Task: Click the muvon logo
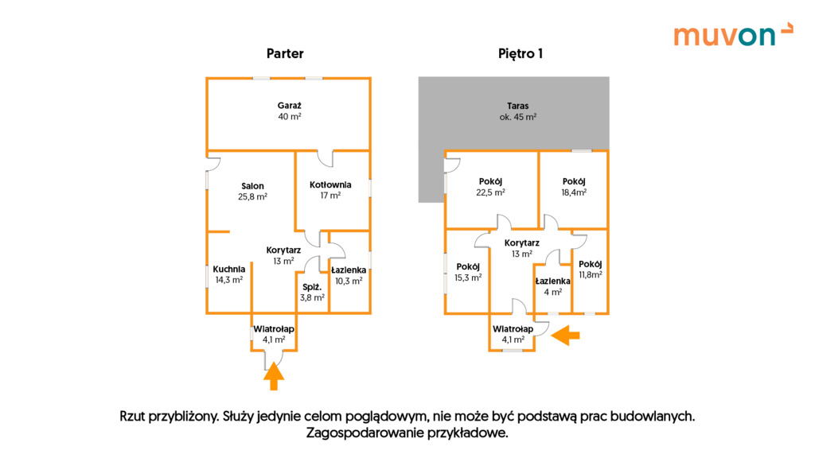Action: [733, 34]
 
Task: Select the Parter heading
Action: [285, 53]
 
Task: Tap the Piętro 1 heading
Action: [521, 54]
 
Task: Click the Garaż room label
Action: [289, 111]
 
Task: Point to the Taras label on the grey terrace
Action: [517, 111]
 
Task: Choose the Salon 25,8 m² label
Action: [252, 191]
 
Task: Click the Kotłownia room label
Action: [330, 190]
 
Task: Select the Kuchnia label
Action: [228, 274]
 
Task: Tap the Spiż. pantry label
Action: [312, 292]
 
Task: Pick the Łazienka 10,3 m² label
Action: [349, 275]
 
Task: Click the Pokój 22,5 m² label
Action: [490, 187]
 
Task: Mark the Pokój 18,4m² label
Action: [574, 187]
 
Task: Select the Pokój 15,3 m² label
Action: [468, 272]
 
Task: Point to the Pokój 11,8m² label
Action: [591, 270]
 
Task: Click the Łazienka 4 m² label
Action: [552, 286]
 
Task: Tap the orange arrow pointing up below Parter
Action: [274, 376]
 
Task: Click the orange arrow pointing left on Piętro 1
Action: [566, 336]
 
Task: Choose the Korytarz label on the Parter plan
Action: [283, 250]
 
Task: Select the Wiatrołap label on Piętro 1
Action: [513, 328]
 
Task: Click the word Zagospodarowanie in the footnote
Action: [365, 433]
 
